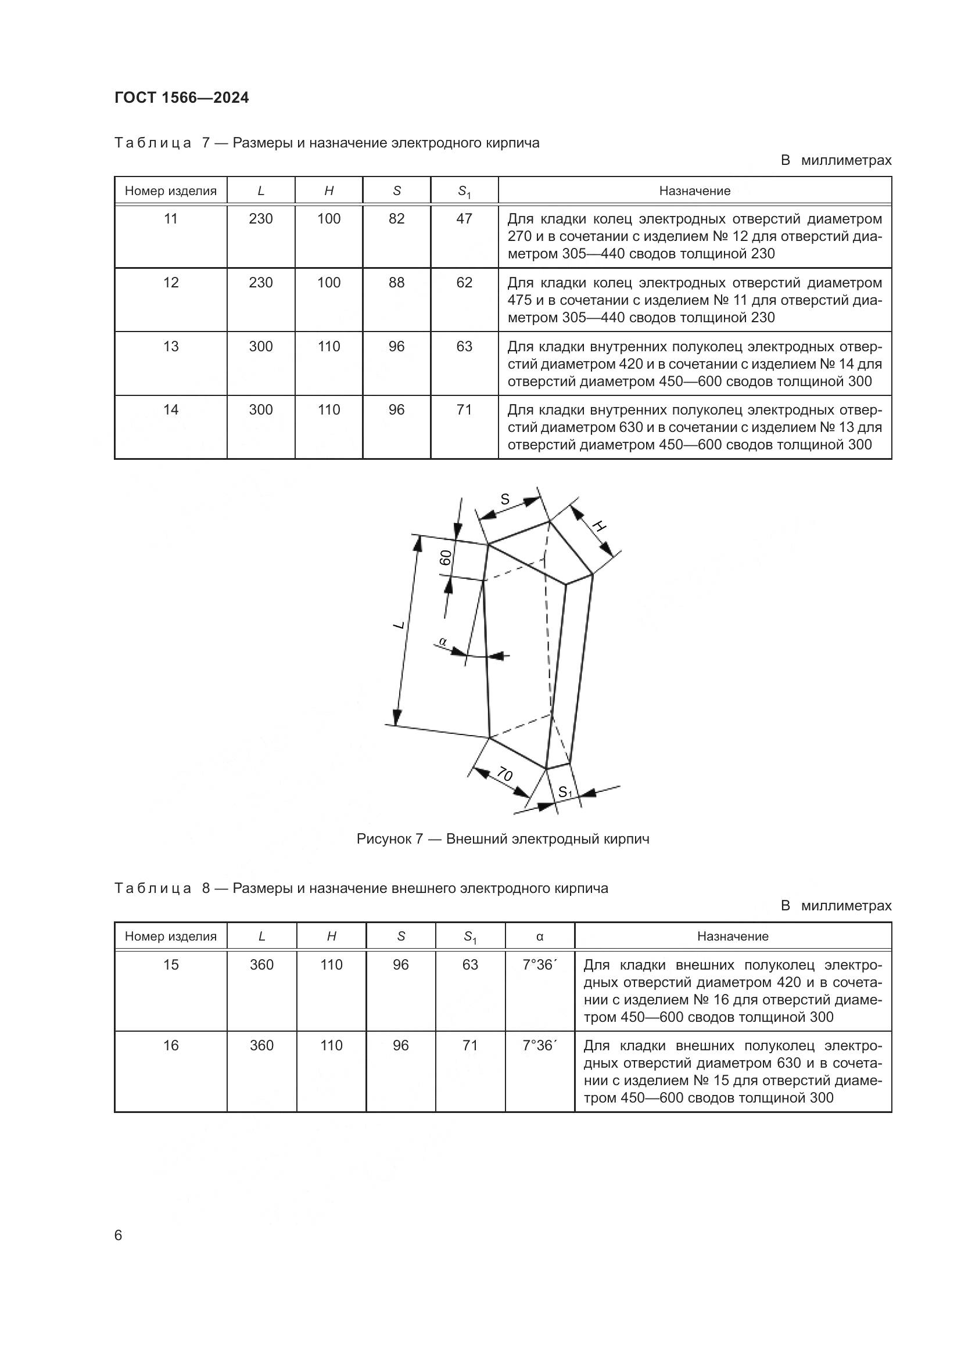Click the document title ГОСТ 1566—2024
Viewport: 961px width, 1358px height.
[182, 98]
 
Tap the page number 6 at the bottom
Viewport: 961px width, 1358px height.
[119, 1235]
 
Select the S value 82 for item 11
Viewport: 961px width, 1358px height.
[396, 219]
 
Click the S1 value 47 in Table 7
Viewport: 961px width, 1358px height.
[465, 219]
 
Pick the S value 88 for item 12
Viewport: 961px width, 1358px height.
[396, 283]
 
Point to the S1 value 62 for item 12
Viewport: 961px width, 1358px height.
[465, 283]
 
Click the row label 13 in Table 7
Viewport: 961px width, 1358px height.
[171, 347]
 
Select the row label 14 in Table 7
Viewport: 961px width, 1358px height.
[171, 410]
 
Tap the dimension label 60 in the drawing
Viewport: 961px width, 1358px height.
[446, 558]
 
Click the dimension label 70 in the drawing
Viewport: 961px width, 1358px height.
[504, 775]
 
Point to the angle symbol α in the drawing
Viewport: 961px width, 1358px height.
[442, 641]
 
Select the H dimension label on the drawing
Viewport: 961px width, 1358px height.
[599, 527]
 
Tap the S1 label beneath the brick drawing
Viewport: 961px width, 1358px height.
[565, 792]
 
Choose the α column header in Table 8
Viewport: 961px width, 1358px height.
[540, 936]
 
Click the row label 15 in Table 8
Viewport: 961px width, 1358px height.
[171, 965]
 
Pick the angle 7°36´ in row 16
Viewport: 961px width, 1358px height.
[540, 1046]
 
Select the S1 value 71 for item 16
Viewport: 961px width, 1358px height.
[471, 1046]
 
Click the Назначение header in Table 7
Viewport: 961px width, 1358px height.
[695, 191]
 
